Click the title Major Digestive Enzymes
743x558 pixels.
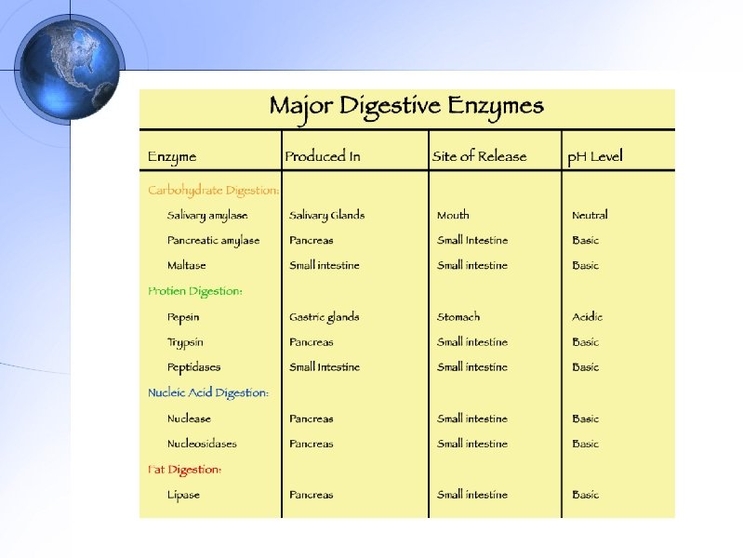click(406, 106)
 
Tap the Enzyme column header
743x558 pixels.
click(172, 156)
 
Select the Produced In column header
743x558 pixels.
click(322, 156)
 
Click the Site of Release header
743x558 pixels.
click(479, 156)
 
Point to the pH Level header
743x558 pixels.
click(595, 156)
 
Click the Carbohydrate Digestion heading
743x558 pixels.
click(213, 191)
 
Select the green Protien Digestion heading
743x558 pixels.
click(195, 291)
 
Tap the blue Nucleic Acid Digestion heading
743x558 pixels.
click(208, 392)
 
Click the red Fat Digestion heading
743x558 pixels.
click(184, 470)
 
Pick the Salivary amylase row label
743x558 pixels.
click(207, 216)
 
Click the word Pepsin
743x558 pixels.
click(183, 317)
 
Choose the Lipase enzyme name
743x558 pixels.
click(183, 495)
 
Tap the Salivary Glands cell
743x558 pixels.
click(326, 216)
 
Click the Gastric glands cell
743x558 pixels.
click(324, 317)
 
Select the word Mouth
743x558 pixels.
click(453, 216)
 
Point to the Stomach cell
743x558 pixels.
click(458, 317)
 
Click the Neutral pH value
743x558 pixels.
click(590, 216)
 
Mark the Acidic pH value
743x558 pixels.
click(587, 317)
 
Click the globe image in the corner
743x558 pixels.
click(71, 68)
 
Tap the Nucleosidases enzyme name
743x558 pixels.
click(202, 444)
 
